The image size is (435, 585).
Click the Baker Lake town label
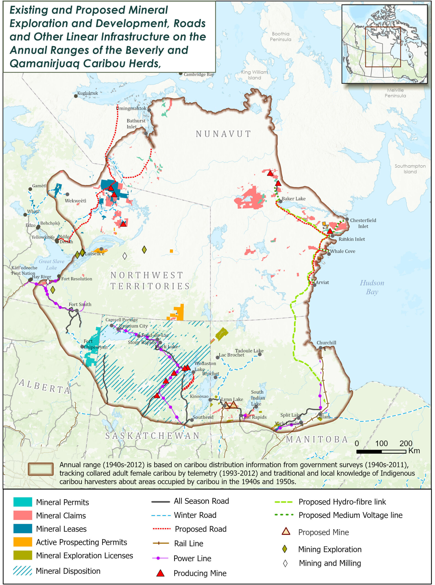(294, 199)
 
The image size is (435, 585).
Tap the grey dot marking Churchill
(321, 348)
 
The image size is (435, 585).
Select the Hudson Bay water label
(372, 287)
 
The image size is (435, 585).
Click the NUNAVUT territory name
(223, 134)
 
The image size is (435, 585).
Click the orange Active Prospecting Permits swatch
(23, 542)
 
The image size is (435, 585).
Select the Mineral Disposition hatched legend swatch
(23, 571)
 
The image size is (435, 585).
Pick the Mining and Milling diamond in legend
(285, 563)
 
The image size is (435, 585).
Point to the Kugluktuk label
(87, 93)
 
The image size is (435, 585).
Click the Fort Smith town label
(80, 304)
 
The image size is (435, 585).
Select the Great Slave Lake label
(52, 264)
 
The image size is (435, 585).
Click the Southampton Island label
(410, 169)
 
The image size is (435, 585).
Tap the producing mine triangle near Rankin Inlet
(330, 231)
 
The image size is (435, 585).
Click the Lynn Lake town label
(232, 399)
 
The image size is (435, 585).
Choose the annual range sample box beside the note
(41, 469)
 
